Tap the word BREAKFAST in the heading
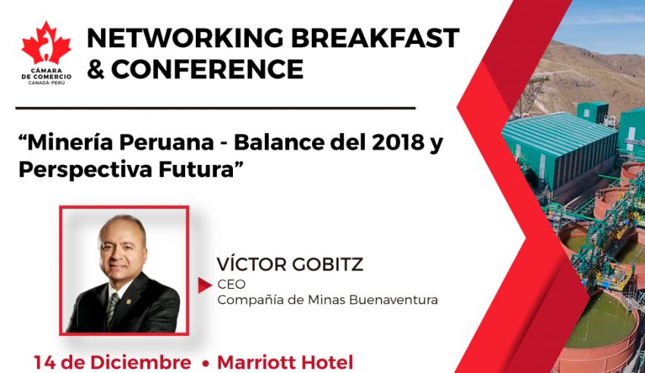tap(375, 38)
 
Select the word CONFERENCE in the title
tap(207, 69)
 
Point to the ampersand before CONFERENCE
tap(96, 69)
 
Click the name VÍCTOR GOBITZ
tap(290, 264)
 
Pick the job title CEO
tap(231, 284)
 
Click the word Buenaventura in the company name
tap(393, 300)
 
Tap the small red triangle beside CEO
tap(204, 286)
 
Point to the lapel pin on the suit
tap(129, 302)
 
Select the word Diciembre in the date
tap(140, 362)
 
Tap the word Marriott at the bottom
tap(257, 362)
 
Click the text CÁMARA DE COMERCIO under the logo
tap(46, 74)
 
